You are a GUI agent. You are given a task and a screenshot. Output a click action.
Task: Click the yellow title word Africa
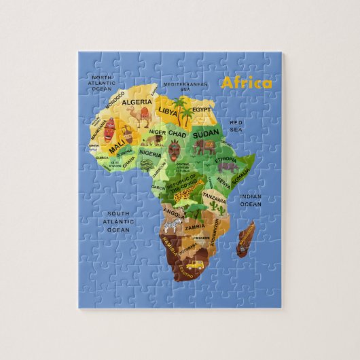[246, 83]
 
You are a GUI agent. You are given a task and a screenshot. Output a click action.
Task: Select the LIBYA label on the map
[168, 109]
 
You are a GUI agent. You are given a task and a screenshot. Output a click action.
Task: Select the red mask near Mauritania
[111, 126]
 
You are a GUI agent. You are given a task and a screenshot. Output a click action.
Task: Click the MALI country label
[116, 146]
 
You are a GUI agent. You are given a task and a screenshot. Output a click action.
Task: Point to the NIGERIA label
[151, 154]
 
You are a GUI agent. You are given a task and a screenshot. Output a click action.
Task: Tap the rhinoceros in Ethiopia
[228, 166]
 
